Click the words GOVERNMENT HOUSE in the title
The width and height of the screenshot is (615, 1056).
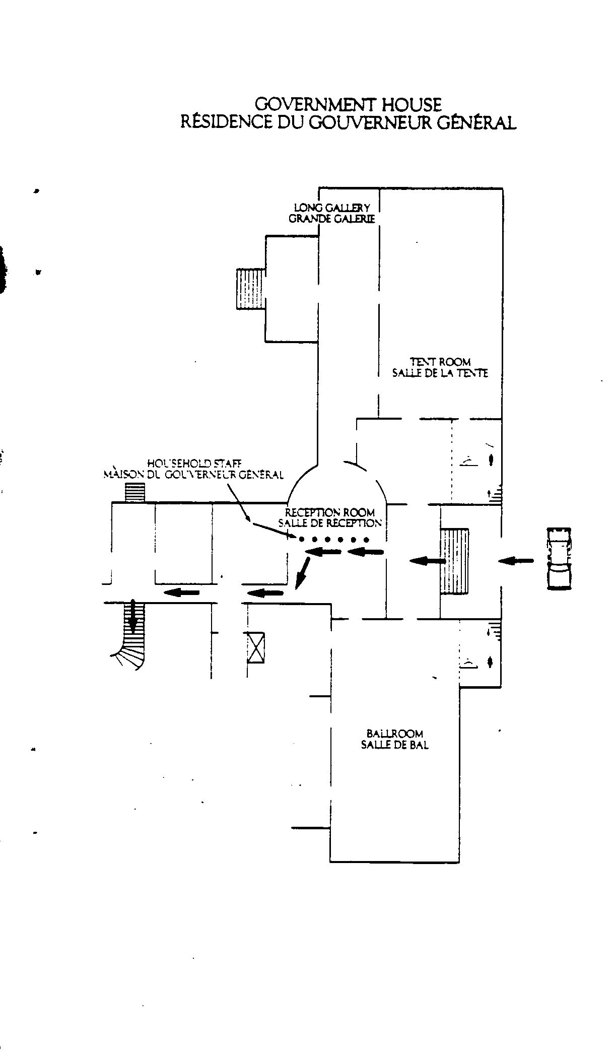[x=348, y=104]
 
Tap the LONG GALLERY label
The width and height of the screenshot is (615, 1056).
[x=332, y=208]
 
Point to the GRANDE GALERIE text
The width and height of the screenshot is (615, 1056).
[x=332, y=219]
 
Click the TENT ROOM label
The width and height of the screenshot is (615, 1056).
[x=440, y=362]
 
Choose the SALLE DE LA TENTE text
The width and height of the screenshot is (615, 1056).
[x=440, y=373]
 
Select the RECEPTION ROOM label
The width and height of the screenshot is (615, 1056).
[x=330, y=513]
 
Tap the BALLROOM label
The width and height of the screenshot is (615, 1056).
[x=395, y=734]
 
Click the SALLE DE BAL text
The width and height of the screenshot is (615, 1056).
[x=395, y=745]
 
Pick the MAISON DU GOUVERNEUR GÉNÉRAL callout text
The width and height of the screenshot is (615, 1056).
[x=193, y=475]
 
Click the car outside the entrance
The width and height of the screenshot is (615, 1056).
[x=559, y=558]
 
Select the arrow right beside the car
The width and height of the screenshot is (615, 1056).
[x=516, y=560]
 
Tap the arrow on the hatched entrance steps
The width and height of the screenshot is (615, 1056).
[x=427, y=560]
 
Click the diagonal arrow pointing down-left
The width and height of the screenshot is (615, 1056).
[x=302, y=573]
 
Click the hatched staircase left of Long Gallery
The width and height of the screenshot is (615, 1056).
[x=251, y=289]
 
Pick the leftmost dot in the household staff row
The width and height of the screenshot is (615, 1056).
[x=301, y=540]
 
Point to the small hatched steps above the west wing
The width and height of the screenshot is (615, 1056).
[x=134, y=492]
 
